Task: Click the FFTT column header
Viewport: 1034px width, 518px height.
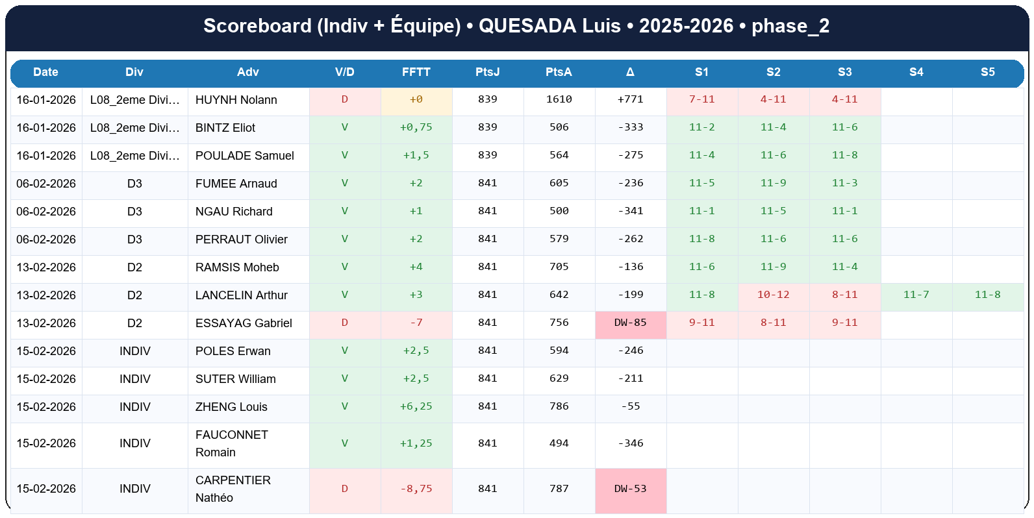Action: pyautogui.click(x=416, y=72)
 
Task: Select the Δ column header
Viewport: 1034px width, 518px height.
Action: pyautogui.click(x=630, y=72)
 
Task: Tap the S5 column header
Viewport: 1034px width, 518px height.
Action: pyautogui.click(x=987, y=72)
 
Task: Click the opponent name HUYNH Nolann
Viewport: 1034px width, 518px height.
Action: pyautogui.click(x=236, y=100)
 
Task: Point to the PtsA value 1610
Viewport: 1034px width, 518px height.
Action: pyautogui.click(x=559, y=99)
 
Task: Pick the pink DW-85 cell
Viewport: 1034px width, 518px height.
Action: pyautogui.click(x=630, y=323)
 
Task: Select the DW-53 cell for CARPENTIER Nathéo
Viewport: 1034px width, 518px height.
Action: pyautogui.click(x=630, y=489)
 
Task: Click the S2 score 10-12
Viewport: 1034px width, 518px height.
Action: pyautogui.click(x=773, y=295)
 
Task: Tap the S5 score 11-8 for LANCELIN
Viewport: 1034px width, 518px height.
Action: pyautogui.click(x=987, y=295)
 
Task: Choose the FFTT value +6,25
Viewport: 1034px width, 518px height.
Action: pyautogui.click(x=416, y=406)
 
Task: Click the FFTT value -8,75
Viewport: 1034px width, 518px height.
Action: pyautogui.click(x=416, y=489)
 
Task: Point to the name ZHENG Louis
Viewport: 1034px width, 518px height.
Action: pyautogui.click(x=231, y=407)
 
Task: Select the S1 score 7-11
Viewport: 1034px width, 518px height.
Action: pyautogui.click(x=701, y=99)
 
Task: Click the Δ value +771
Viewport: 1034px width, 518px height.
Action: pyautogui.click(x=630, y=99)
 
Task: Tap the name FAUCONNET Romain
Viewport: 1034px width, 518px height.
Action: pyautogui.click(x=231, y=443)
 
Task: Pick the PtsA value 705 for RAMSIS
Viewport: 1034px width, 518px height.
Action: pyautogui.click(x=559, y=267)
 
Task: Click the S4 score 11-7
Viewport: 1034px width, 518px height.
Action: pyautogui.click(x=916, y=295)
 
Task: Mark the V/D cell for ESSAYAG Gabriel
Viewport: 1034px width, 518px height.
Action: pyautogui.click(x=344, y=323)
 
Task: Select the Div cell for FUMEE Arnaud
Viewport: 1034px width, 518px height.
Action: pyautogui.click(x=134, y=184)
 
